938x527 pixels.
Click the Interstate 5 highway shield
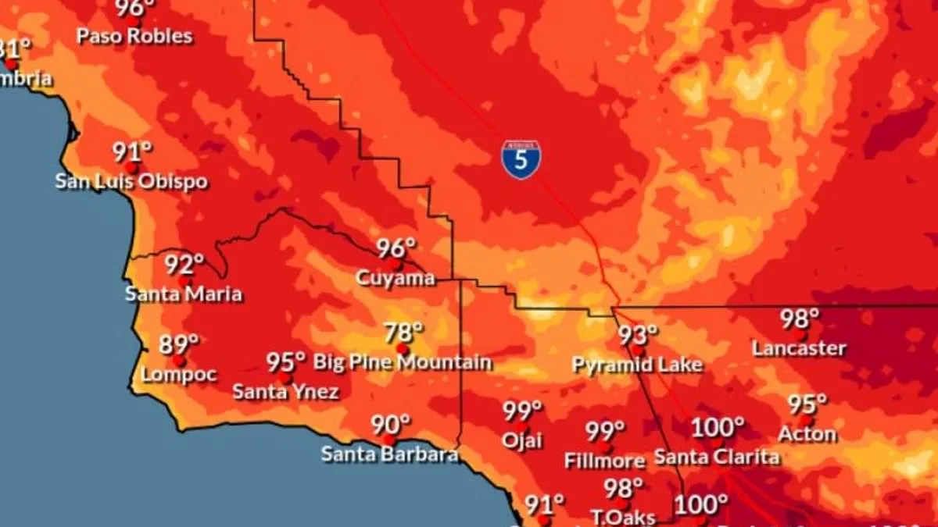coord(521,160)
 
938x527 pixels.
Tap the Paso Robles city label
coord(134,36)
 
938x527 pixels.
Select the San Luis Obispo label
coord(131,182)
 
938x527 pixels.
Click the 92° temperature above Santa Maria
coord(184,265)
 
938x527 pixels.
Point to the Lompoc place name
coord(179,374)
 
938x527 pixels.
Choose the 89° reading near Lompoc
coord(178,344)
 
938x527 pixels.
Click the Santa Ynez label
coord(285,392)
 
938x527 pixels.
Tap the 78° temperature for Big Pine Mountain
coord(403,333)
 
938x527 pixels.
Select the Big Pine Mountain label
coord(403,362)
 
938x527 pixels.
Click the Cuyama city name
coord(395,278)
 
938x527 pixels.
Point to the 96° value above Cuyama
coord(396,249)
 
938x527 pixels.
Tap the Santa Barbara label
coord(389,454)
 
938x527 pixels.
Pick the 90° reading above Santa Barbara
coord(390,426)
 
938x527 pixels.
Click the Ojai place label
coord(522,440)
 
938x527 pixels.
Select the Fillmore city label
coord(604,461)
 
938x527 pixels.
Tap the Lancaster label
coord(799,348)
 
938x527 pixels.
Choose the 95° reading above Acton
coord(807,404)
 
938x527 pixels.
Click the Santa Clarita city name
coord(717,457)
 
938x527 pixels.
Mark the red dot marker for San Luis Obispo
coord(131,168)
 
